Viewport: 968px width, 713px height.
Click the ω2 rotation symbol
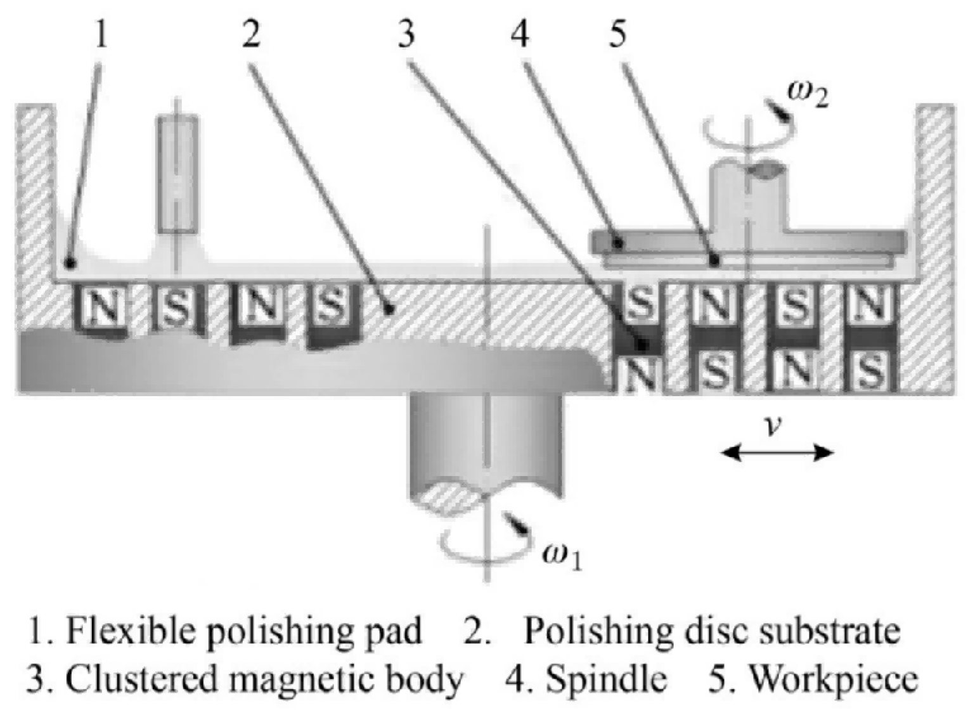click(808, 96)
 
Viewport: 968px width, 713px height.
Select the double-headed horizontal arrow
click(777, 453)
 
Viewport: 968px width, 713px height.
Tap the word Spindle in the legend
click(606, 679)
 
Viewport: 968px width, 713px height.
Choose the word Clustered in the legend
click(141, 679)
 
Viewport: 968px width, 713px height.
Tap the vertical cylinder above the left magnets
click(177, 174)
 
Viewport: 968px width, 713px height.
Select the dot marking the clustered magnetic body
click(643, 345)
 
